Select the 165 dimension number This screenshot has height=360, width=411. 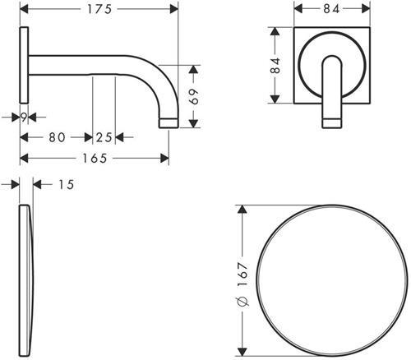click(x=94, y=158)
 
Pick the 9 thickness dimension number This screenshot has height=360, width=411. click(x=24, y=118)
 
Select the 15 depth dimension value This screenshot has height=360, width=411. click(x=66, y=185)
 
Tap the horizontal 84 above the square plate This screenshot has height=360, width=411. click(x=333, y=9)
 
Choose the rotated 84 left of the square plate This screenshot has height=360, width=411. click(x=277, y=67)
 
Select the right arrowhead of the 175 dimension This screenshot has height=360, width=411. click(x=174, y=9)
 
